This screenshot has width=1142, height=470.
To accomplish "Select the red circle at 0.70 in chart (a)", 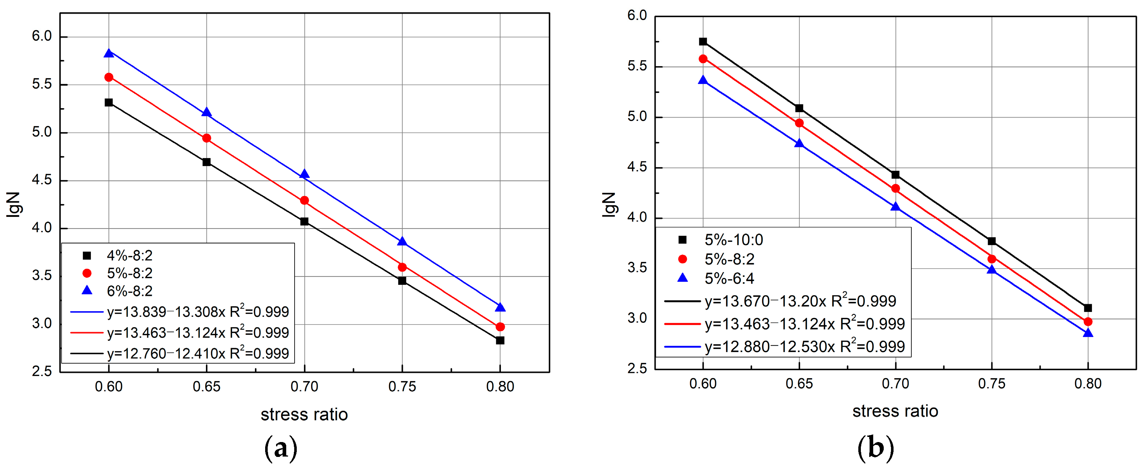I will pyautogui.click(x=304, y=200).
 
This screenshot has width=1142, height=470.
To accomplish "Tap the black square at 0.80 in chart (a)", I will pyautogui.click(x=500, y=341).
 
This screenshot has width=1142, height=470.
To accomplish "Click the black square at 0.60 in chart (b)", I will pyautogui.click(x=702, y=42).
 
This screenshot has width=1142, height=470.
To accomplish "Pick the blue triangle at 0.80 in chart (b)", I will pyautogui.click(x=1088, y=333).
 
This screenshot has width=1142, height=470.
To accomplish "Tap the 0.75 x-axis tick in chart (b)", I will pyautogui.click(x=991, y=384).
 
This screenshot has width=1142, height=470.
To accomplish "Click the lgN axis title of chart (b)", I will pyautogui.click(x=609, y=204).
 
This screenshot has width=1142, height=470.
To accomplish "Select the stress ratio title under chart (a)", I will pyautogui.click(x=304, y=414).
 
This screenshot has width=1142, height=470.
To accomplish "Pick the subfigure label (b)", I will pyautogui.click(x=875, y=448).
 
